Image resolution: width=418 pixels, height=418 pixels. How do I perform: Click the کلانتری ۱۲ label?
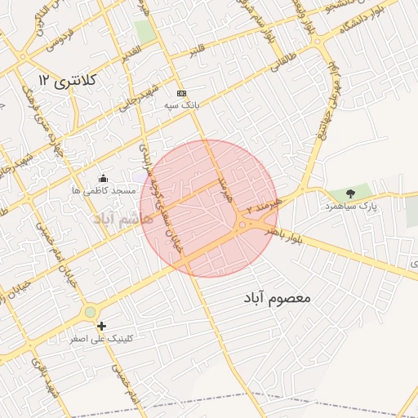(68, 80)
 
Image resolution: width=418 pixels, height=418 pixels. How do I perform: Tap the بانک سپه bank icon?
(181, 93)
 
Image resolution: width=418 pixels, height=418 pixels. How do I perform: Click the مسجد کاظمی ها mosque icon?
(103, 179)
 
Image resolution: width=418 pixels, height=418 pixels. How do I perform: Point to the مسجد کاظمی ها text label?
(103, 190)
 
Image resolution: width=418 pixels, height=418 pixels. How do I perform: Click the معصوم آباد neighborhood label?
(277, 299)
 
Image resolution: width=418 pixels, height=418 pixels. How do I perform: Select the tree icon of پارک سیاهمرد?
(350, 193)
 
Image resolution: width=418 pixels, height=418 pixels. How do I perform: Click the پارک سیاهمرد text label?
(351, 207)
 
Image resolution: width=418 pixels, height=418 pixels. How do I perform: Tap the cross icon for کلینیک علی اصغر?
(101, 326)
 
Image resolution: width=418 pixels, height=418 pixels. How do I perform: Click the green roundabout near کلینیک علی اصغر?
(90, 312)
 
